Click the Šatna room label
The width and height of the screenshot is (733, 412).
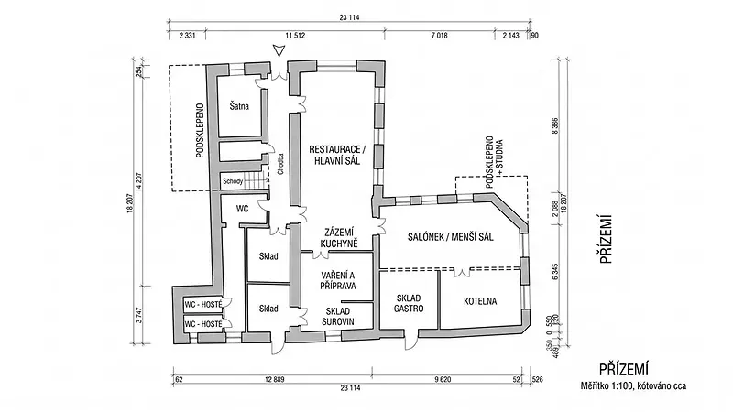pyautogui.click(x=239, y=106)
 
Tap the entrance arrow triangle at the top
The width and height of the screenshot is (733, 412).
pyautogui.click(x=279, y=50)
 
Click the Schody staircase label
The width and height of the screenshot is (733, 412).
pyautogui.click(x=233, y=181)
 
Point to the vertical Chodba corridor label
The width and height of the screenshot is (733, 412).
pyautogui.click(x=280, y=164)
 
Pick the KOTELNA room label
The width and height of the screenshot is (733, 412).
pyautogui.click(x=480, y=301)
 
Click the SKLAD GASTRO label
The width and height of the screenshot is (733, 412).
pyautogui.click(x=409, y=303)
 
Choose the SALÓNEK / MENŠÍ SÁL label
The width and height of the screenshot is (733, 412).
pyautogui.click(x=450, y=237)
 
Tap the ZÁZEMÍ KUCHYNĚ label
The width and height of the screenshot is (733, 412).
pyautogui.click(x=339, y=238)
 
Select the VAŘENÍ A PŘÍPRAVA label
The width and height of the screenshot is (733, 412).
pyautogui.click(x=338, y=280)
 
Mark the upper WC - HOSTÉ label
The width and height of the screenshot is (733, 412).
pyautogui.click(x=203, y=305)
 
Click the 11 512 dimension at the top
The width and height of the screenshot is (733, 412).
pyautogui.click(x=295, y=35)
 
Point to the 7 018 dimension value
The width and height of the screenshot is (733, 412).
pyautogui.click(x=439, y=35)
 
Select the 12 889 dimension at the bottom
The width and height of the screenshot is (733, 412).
pyautogui.click(x=274, y=379)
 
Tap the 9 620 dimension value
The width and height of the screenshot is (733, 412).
pyautogui.click(x=443, y=379)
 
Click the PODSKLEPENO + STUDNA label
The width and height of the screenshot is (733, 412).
pyautogui.click(x=495, y=162)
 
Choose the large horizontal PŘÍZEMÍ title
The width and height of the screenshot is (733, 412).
pyautogui.click(x=624, y=369)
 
